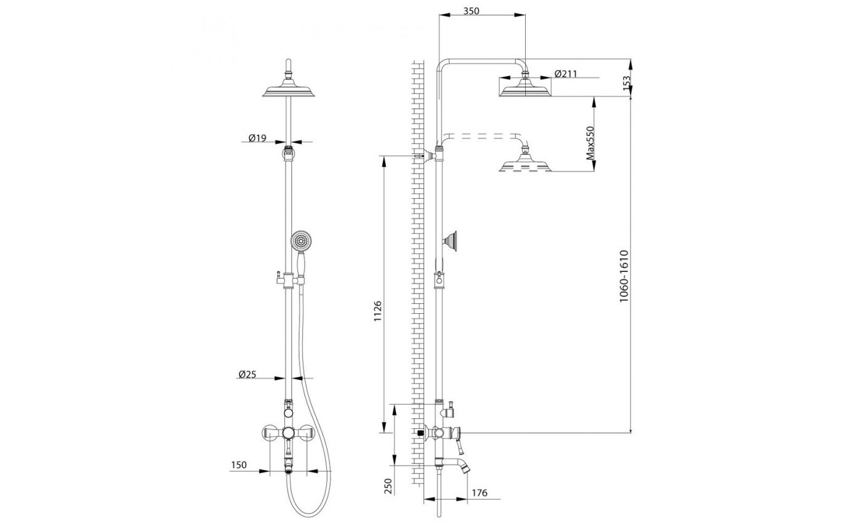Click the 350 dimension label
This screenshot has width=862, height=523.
pyautogui.click(x=471, y=11)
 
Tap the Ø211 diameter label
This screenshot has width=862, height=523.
pyautogui.click(x=566, y=73)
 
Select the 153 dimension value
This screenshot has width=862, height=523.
pyautogui.click(x=627, y=83)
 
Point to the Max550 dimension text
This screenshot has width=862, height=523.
pyautogui.click(x=590, y=143)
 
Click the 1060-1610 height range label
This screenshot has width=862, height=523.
pyautogui.click(x=624, y=276)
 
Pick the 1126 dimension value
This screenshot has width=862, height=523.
pyautogui.click(x=377, y=311)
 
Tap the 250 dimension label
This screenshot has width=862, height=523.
pyautogui.click(x=388, y=485)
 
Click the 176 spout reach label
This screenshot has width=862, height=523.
pyautogui.click(x=480, y=493)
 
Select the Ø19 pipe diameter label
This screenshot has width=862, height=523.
pyautogui.click(x=257, y=138)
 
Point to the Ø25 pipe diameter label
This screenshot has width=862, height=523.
pyautogui.click(x=247, y=374)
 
